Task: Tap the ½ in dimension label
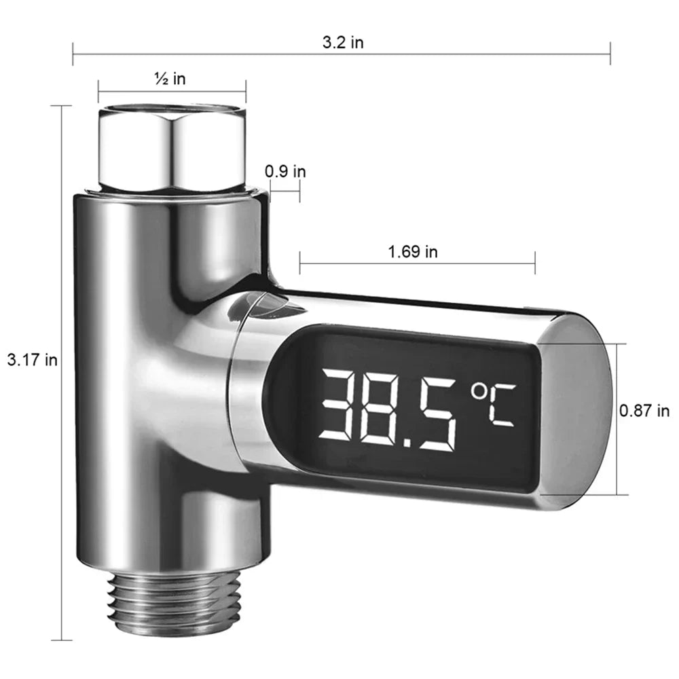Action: pyautogui.click(x=170, y=79)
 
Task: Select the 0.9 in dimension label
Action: pyautogui.click(x=285, y=171)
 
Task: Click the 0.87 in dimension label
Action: pyautogui.click(x=644, y=411)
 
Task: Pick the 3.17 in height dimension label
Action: pyautogui.click(x=32, y=360)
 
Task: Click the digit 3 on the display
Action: pyautogui.click(x=339, y=409)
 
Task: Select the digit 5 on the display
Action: pyautogui.click(x=437, y=410)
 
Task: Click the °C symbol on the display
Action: pyautogui.click(x=494, y=405)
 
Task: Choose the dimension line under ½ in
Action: pyautogui.click(x=172, y=92)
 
